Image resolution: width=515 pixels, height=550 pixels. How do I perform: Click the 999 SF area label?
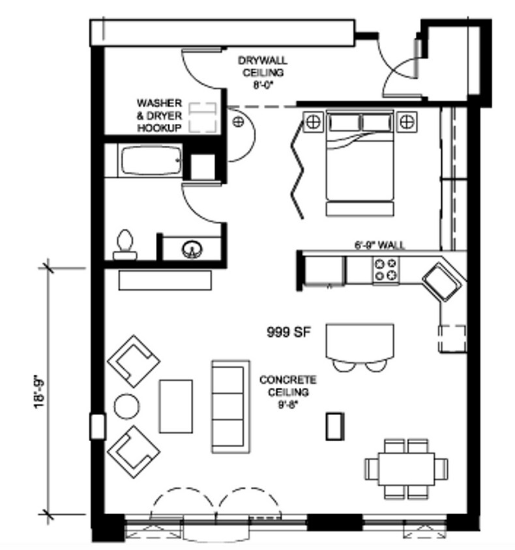(x=289, y=332)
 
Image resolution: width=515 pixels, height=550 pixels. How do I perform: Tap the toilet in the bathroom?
(x=125, y=244)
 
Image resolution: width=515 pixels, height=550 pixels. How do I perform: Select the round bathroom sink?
(x=192, y=250)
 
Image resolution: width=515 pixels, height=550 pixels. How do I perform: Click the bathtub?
(x=151, y=161)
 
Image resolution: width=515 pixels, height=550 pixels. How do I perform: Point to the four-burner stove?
(x=386, y=269)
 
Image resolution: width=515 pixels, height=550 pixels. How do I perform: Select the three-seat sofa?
(x=231, y=407)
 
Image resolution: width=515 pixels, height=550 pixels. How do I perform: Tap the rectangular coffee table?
(x=176, y=406)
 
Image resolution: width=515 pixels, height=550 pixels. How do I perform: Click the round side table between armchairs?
(x=126, y=406)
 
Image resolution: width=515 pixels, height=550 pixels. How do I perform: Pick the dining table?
(x=406, y=469)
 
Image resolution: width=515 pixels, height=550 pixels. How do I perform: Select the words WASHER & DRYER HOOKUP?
(x=160, y=115)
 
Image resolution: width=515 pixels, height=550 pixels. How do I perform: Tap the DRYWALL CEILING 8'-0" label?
(x=263, y=72)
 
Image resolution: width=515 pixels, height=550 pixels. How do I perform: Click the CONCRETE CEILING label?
(x=287, y=386)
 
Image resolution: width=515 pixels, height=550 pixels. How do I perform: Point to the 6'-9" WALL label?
(x=379, y=245)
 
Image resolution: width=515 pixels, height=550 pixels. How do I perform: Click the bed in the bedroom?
(x=360, y=162)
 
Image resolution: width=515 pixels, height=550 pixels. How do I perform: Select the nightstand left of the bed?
(x=313, y=122)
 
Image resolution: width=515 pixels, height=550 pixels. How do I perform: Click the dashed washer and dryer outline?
(x=203, y=117)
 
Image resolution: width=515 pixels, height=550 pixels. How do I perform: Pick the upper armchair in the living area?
(x=134, y=361)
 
